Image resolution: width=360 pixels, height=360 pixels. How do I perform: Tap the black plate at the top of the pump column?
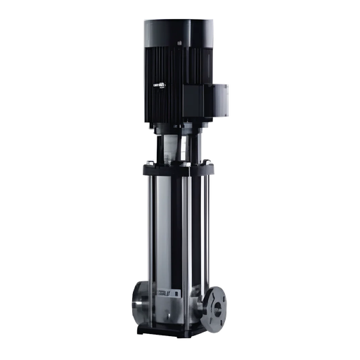[x=179, y=169]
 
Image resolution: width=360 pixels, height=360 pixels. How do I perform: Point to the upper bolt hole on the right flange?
[x=219, y=290]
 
